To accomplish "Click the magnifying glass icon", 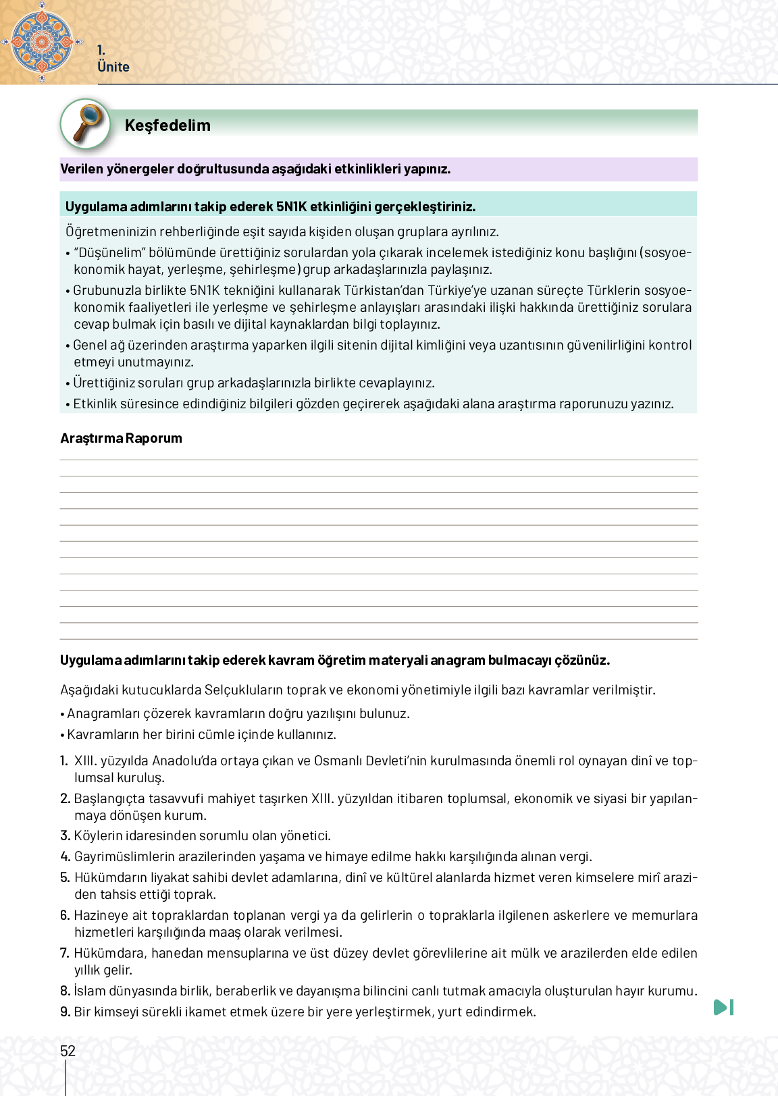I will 86,123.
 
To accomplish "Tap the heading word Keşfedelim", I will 167,126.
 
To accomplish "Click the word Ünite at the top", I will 113,67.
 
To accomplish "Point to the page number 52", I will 68,1051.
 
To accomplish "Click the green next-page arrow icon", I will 723,1007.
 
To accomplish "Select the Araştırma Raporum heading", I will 121,438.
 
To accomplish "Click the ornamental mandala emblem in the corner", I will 42,42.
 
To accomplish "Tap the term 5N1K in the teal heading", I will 291,207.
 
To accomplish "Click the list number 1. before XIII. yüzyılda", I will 64,761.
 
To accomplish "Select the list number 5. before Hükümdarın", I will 65,877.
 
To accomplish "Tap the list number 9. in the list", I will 65,1012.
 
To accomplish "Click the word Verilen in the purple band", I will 82,169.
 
